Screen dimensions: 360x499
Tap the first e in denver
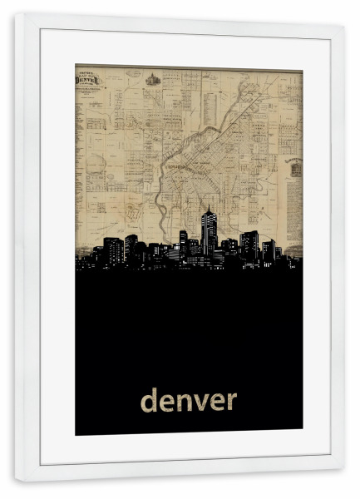pos(169,403)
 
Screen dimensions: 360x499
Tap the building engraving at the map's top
pos(153,80)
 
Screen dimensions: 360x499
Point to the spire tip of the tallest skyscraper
pos(207,205)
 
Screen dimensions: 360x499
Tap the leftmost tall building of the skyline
pos(113,249)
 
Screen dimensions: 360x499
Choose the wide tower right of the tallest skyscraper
pos(249,244)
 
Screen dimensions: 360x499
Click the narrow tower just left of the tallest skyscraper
pos(183,241)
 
